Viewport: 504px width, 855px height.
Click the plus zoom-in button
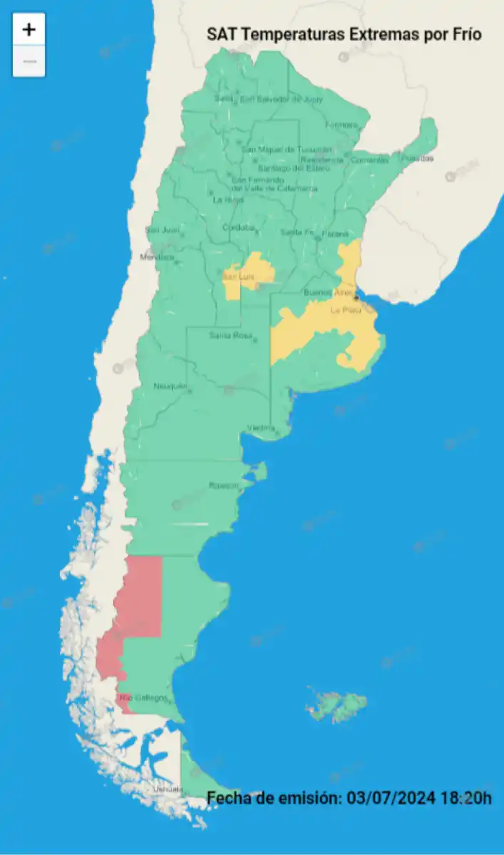click(29, 29)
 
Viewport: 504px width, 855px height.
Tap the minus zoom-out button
click(29, 61)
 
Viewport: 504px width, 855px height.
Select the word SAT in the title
click(221, 34)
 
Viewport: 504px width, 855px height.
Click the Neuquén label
click(169, 386)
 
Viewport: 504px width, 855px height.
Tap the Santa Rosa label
click(230, 336)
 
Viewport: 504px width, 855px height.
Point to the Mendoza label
click(156, 257)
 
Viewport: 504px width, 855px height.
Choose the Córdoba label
click(238, 228)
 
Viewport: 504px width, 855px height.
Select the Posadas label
click(417, 158)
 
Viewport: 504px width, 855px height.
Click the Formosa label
click(340, 125)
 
